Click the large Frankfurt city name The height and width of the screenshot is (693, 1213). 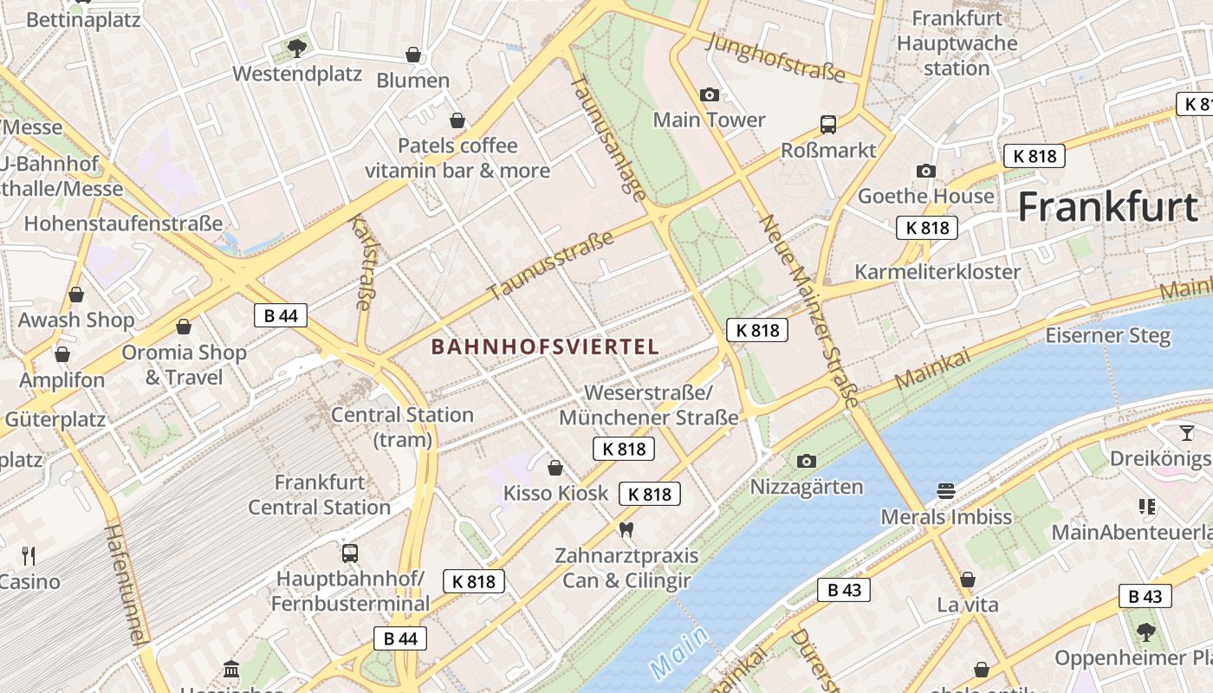pos(1107,208)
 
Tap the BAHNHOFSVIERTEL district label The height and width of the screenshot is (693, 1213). pos(545,346)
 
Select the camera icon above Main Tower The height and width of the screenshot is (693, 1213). pos(709,94)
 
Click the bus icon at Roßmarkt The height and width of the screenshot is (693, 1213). pos(828,125)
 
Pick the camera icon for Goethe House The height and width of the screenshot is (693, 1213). pos(925,172)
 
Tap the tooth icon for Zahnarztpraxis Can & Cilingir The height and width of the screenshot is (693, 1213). pos(626,529)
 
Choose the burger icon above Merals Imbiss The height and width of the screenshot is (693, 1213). pos(945,491)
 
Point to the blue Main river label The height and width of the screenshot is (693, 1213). pos(678,651)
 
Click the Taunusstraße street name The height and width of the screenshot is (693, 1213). pos(551,265)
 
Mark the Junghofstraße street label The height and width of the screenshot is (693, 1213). pos(776,57)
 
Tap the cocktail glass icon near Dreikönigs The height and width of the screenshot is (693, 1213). pos(1186,432)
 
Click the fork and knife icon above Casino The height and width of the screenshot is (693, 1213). pos(29,555)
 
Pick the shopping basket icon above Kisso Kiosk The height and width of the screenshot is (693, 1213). pos(555,468)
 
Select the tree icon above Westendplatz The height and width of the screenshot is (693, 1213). pos(296,48)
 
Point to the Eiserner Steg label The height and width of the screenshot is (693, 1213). pos(1107,335)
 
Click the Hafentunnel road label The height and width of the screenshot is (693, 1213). pos(124,583)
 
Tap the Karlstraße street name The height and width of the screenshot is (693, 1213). pos(361,262)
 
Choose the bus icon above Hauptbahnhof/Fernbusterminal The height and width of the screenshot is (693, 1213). pos(349,553)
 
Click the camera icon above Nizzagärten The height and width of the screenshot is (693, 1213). pos(806,461)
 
